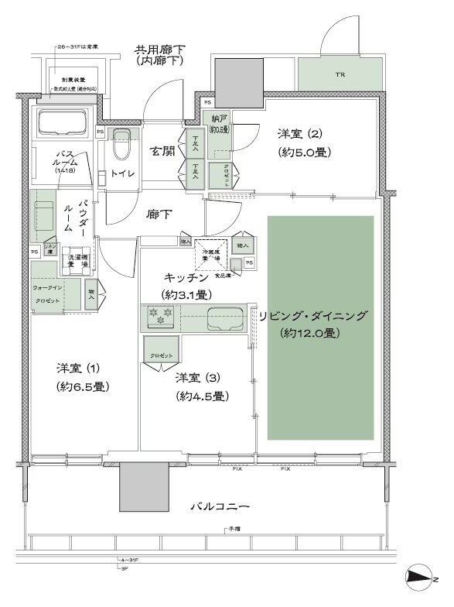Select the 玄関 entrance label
tap(162, 152)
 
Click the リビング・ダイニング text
tap(312, 316)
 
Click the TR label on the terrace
tap(340, 75)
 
